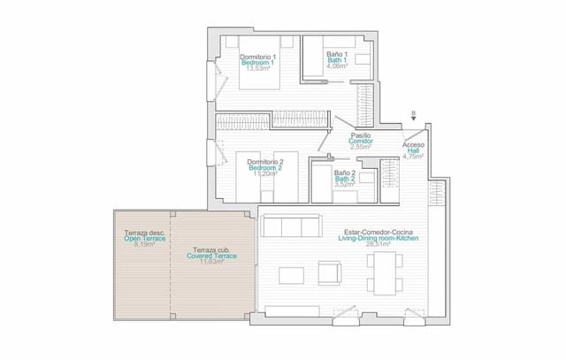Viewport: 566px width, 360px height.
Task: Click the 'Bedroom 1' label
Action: pos(258,63)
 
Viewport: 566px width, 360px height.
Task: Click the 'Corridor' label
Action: pos(361,141)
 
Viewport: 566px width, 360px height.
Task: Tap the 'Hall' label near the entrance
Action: pos(413,151)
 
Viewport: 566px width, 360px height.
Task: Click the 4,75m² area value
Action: pos(413,157)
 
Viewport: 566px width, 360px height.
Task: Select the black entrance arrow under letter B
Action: pos(413,120)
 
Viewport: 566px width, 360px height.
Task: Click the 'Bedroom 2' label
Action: pos(264,168)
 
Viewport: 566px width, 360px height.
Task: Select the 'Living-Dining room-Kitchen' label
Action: pos(378,239)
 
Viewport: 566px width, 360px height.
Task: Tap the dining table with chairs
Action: pos(385,271)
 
